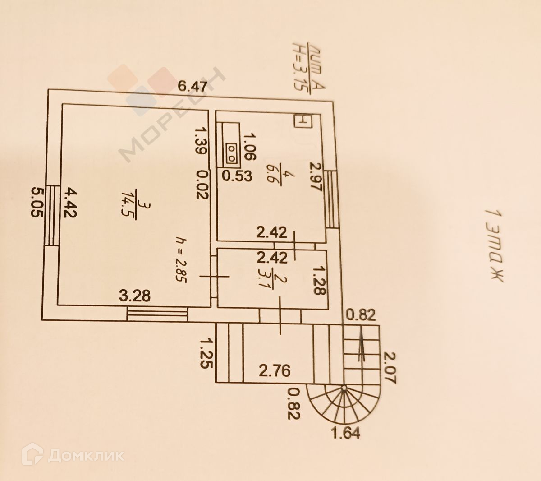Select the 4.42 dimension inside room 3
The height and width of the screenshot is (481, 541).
(x=68, y=203)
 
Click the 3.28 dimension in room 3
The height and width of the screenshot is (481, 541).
(x=134, y=296)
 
